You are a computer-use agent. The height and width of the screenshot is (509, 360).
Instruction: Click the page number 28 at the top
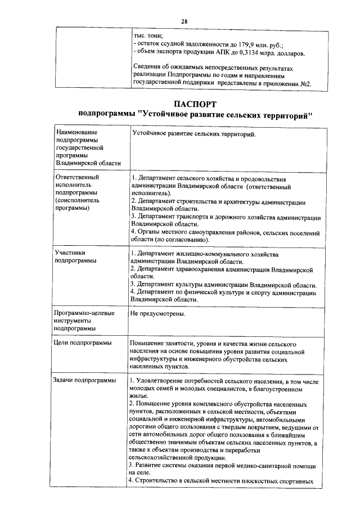click(184, 21)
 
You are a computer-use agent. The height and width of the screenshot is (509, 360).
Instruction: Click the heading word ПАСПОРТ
click(195, 104)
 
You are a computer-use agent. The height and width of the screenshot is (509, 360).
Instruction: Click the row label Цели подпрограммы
click(82, 343)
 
